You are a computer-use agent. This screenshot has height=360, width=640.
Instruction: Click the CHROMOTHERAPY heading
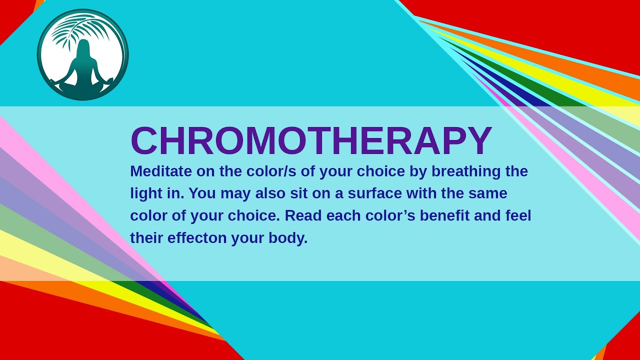[311, 141]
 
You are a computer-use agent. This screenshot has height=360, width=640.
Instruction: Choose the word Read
[304, 216]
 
